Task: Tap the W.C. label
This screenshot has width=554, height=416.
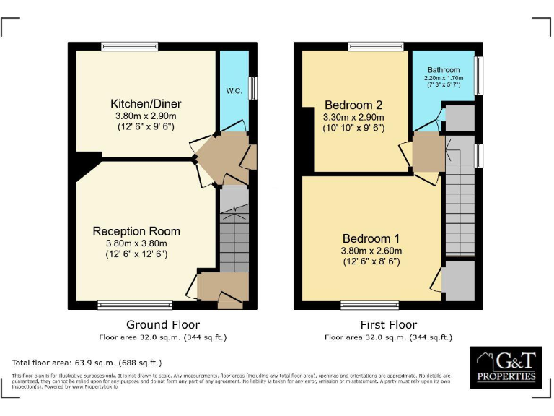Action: tap(234, 91)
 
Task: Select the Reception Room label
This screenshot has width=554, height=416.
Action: tap(136, 231)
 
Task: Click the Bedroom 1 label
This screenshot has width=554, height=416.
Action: tap(371, 238)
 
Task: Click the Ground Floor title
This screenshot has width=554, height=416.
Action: tap(163, 325)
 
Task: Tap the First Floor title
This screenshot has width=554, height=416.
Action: tap(388, 325)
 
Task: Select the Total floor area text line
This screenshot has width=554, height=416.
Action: tap(87, 363)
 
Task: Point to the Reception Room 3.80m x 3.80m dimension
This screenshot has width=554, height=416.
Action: tap(136, 244)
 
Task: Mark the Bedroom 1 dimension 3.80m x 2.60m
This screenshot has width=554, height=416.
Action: tap(371, 251)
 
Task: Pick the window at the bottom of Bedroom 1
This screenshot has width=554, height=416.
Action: tap(370, 305)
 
